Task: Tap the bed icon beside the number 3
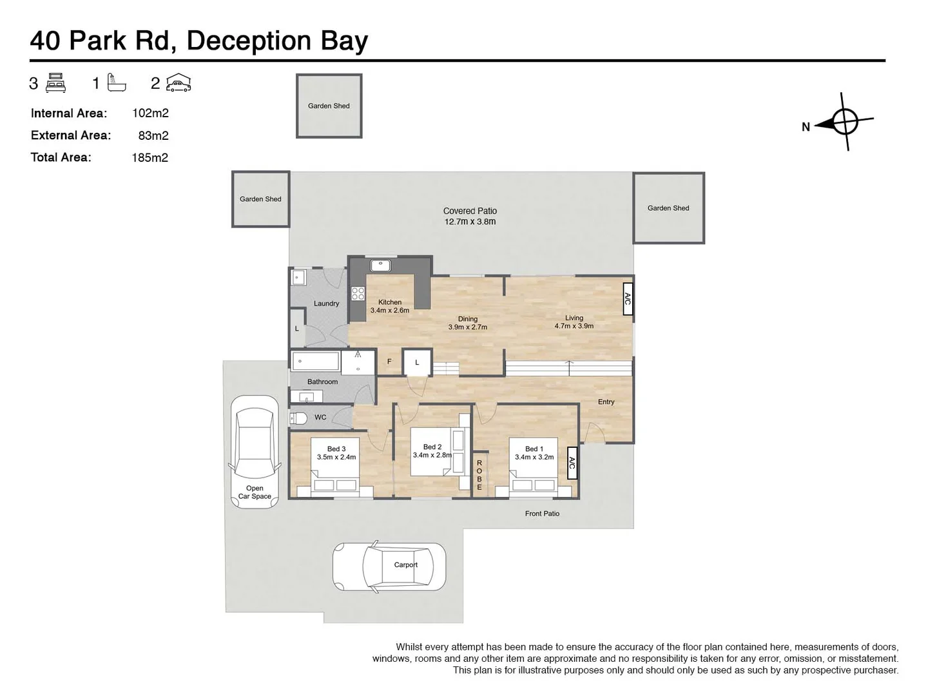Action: coord(56,83)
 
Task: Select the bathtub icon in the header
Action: coord(117,82)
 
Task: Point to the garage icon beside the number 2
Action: coord(179,83)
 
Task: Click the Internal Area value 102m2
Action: coord(150,113)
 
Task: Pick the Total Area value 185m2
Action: coord(150,157)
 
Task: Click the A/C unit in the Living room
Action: coord(628,299)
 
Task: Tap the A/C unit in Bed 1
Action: coord(572,463)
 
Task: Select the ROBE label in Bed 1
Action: coord(479,475)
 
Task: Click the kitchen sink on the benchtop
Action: coord(381,264)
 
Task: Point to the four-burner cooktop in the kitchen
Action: coord(358,294)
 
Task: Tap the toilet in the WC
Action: coord(298,418)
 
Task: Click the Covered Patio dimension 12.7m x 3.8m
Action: coord(470,222)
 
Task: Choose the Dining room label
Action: coord(468,319)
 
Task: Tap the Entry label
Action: coord(606,401)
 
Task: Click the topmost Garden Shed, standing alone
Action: coord(329,106)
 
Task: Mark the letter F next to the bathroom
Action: coord(389,362)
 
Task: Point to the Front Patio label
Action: coord(542,514)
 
